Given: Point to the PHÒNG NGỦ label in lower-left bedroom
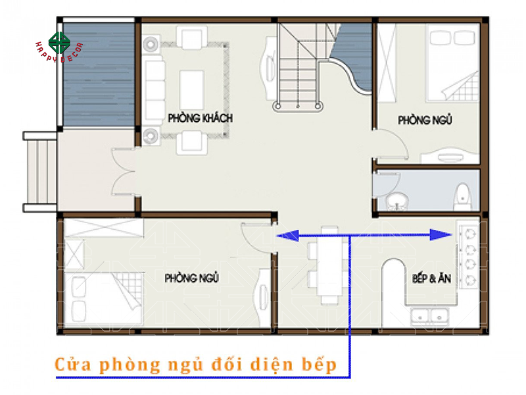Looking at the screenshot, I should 191,278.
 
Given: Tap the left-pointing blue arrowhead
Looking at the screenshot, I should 283,234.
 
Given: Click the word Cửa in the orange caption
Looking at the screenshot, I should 72,363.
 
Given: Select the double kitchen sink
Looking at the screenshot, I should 428,317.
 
